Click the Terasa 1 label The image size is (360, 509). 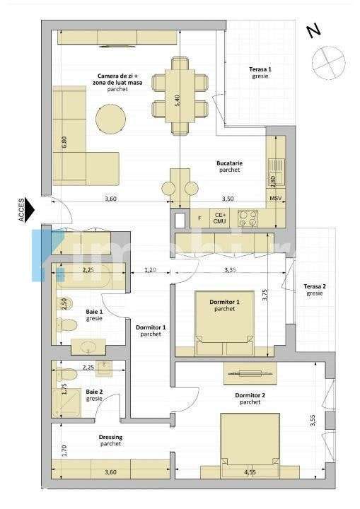[x=260, y=72]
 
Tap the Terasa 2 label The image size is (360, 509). [x=315, y=289]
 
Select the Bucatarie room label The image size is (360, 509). [x=229, y=166]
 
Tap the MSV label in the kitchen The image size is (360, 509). [x=275, y=200]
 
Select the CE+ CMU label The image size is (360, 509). [x=220, y=218]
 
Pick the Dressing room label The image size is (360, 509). [x=110, y=440]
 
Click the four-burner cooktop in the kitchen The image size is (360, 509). [x=248, y=217]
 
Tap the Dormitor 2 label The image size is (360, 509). [x=249, y=397]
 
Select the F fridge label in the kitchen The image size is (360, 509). [x=199, y=218]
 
